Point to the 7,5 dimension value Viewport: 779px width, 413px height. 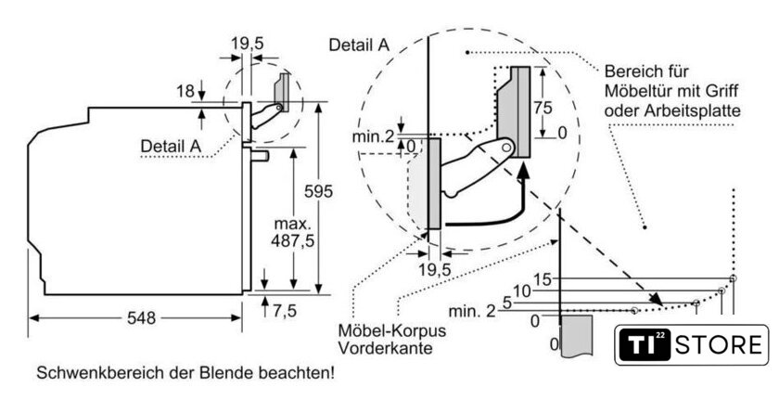(284, 311)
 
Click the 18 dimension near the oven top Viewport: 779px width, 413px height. (185, 90)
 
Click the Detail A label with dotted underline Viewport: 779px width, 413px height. (171, 146)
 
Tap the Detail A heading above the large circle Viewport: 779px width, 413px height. (360, 44)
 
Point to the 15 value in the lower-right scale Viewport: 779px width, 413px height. (543, 279)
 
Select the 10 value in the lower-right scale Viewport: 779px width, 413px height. (521, 290)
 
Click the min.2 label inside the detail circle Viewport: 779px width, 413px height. (374, 137)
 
